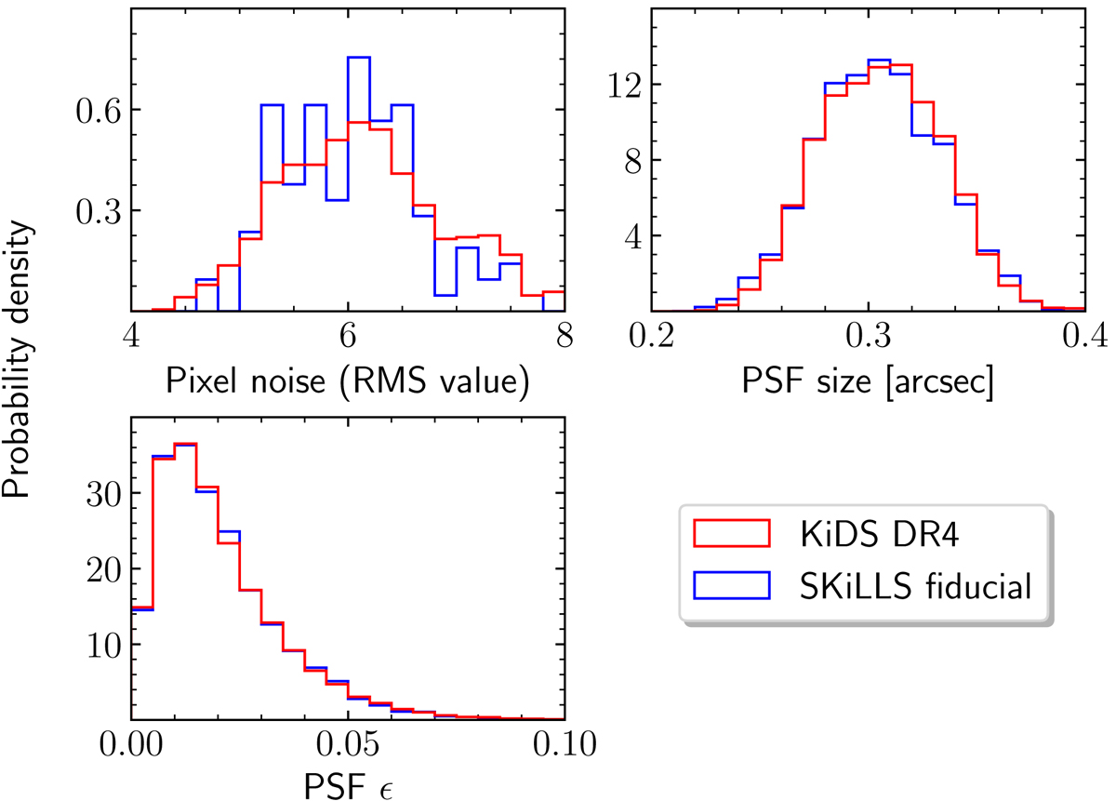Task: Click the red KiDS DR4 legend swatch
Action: [x=731, y=532]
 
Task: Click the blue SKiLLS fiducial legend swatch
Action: [x=731, y=585]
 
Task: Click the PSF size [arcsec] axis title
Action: [x=867, y=382]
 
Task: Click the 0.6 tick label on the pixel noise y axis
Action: [x=97, y=110]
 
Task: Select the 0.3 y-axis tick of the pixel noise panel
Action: [x=97, y=210]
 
